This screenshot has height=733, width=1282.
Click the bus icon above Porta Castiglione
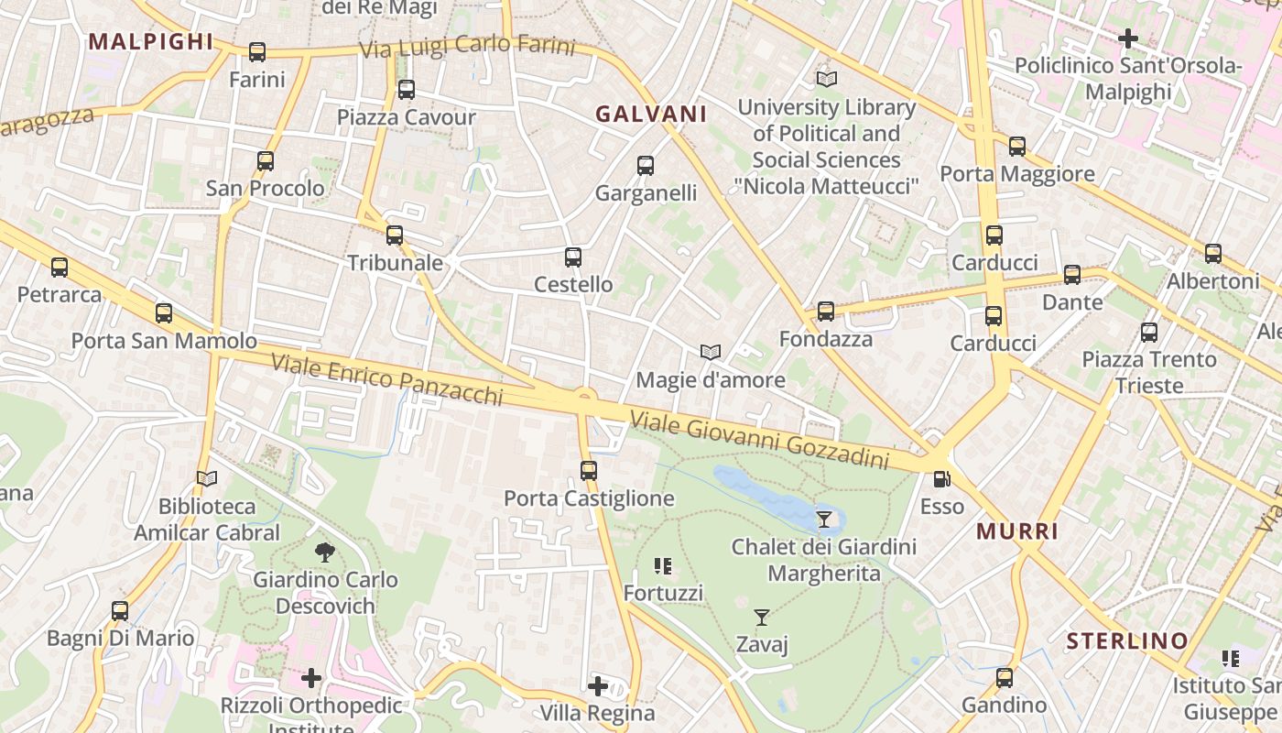click(x=589, y=471)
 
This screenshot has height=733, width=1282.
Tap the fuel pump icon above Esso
click(x=941, y=478)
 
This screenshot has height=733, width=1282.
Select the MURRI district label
click(x=1017, y=531)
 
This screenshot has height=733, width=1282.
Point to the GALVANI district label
click(x=651, y=115)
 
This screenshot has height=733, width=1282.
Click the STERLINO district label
click(x=1127, y=640)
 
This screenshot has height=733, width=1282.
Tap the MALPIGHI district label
click(x=151, y=41)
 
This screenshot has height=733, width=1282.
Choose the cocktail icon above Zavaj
click(x=762, y=618)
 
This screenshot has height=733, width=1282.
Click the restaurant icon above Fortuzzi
click(x=664, y=566)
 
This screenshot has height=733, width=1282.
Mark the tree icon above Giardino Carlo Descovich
click(x=324, y=552)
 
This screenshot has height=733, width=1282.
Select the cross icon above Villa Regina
click(x=598, y=685)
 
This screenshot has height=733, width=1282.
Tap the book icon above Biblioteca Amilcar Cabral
click(x=207, y=478)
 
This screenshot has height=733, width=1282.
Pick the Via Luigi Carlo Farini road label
click(x=467, y=47)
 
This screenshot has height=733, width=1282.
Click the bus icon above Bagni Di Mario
click(x=120, y=611)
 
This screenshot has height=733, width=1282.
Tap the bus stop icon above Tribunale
click(x=395, y=235)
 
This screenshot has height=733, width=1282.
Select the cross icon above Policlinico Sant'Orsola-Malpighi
click(x=1128, y=38)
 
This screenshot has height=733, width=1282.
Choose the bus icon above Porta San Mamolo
click(x=164, y=313)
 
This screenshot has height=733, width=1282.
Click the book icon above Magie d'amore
click(x=711, y=352)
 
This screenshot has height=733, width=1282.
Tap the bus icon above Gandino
click(x=1005, y=678)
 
